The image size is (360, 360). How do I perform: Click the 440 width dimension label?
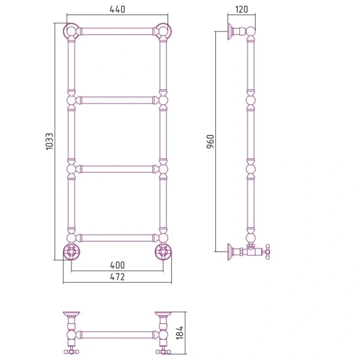point(118,10)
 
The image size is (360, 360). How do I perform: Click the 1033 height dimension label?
point(49,142)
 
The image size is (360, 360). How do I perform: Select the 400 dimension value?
point(118,265)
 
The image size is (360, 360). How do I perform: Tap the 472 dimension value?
point(118,277)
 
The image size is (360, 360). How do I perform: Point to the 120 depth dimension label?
point(242,10)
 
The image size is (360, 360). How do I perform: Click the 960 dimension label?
point(211,142)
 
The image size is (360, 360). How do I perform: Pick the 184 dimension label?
point(180,332)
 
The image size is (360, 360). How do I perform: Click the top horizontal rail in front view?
point(117,31)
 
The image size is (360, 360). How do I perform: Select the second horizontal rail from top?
point(117,100)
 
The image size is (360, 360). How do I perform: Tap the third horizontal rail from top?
point(117,169)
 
